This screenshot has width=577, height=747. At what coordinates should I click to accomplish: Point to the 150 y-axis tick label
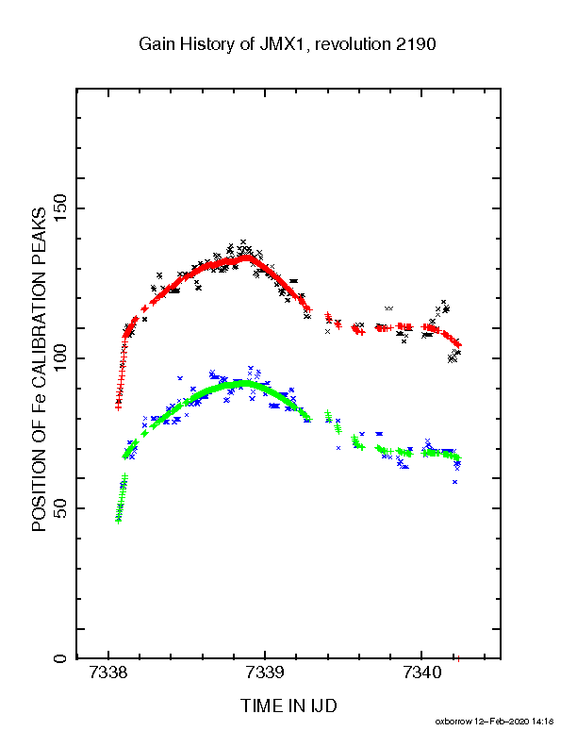coord(61,208)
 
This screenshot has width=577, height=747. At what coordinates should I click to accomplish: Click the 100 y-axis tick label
coord(61,358)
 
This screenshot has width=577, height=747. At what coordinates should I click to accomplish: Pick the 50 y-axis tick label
coord(61,508)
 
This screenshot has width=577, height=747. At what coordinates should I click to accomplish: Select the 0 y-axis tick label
coord(61,658)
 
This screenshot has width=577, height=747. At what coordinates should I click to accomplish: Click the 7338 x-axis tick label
coord(108,673)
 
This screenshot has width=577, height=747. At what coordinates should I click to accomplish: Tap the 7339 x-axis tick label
coord(265,673)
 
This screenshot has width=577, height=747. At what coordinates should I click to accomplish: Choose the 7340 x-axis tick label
coord(421,673)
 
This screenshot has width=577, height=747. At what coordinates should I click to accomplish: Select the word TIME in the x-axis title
coord(262,705)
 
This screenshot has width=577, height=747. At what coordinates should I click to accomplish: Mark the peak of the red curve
coord(247,257)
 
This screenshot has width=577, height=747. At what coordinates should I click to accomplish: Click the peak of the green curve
coord(244,383)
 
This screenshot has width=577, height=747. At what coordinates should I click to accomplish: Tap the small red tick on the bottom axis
coord(458,659)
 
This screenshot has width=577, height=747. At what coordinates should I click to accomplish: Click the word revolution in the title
coord(353,44)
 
